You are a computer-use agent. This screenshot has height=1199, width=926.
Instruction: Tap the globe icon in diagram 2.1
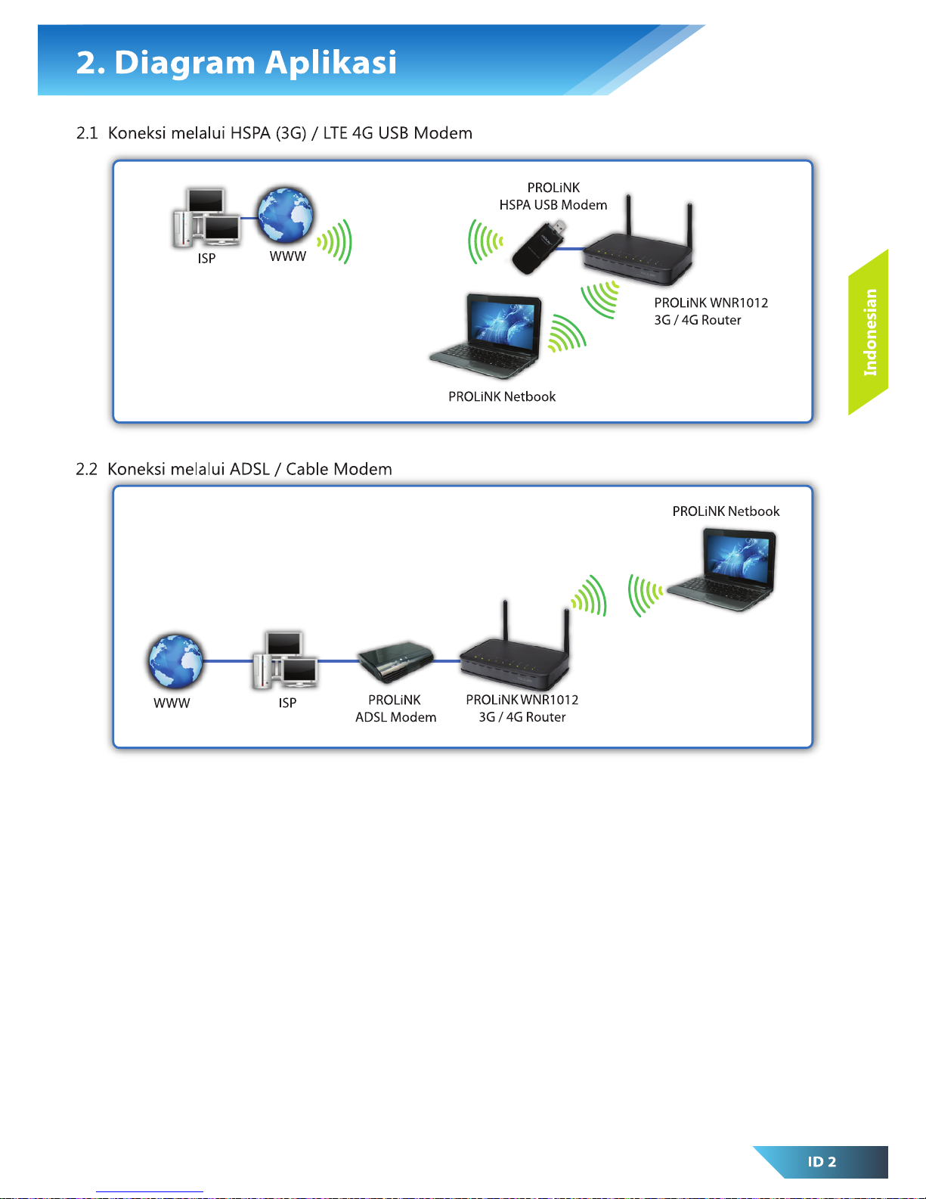(x=285, y=216)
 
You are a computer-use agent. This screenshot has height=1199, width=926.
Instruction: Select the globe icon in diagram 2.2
(x=175, y=661)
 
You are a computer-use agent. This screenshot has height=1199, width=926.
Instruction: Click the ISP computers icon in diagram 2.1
(x=206, y=219)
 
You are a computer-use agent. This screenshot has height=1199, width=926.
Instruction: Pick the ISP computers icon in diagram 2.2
(x=285, y=660)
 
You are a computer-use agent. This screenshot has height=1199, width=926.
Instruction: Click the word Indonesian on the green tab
(x=870, y=332)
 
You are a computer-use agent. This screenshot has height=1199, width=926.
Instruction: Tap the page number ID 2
(x=822, y=1162)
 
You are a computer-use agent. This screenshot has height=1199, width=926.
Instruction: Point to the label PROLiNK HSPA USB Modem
(x=553, y=196)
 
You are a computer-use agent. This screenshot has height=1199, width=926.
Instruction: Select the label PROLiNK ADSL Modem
(x=395, y=709)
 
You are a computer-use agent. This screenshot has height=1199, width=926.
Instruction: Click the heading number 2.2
(x=87, y=469)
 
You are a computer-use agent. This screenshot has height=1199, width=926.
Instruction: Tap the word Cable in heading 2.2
(x=306, y=469)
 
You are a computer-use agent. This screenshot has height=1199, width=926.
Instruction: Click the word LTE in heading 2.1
(x=335, y=133)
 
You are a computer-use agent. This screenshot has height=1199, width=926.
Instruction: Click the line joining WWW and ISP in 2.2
(x=228, y=661)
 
